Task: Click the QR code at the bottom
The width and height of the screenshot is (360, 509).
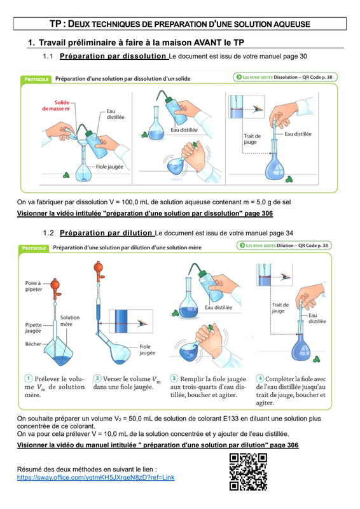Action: tap(248, 471)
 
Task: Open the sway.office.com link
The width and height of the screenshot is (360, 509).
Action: tap(96, 478)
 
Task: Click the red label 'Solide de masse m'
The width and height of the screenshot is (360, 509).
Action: tap(56, 106)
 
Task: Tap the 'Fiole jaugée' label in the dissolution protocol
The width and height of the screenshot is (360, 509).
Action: tap(109, 167)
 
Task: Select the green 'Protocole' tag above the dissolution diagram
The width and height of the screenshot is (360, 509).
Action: tap(36, 79)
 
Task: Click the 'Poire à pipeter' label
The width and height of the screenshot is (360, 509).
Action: tap(33, 286)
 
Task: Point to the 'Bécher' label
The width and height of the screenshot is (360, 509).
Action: tap(33, 344)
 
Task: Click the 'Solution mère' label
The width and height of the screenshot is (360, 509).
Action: tap(70, 321)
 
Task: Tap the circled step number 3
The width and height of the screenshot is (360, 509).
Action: tap(174, 378)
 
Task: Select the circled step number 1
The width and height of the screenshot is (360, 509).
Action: tap(29, 378)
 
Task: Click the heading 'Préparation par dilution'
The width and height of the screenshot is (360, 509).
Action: tap(106, 233)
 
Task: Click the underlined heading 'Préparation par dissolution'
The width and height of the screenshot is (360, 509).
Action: tap(113, 56)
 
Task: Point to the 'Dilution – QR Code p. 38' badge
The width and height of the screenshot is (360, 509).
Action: tap(284, 246)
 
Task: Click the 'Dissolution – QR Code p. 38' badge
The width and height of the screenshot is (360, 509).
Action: tap(286, 77)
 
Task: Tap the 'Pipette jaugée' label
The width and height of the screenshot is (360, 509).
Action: tap(34, 328)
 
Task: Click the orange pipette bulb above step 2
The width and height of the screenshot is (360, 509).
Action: tap(99, 267)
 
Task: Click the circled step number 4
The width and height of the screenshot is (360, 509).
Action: tap(260, 378)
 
